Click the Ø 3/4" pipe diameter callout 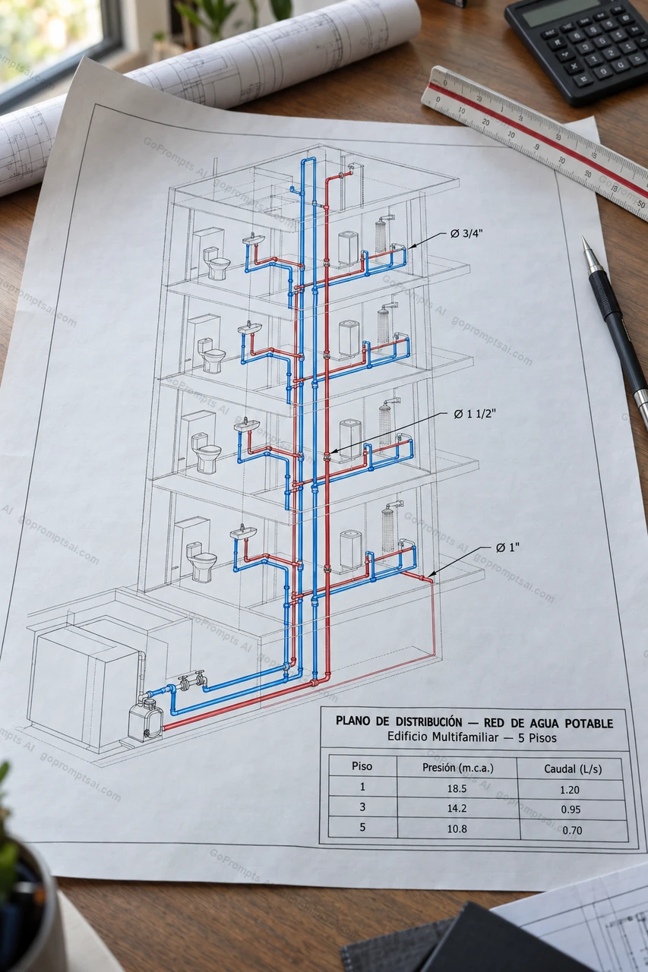click(x=466, y=233)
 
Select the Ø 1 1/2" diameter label click(x=474, y=414)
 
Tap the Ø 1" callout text click(x=507, y=548)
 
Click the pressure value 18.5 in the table click(x=457, y=788)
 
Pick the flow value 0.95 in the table click(x=571, y=809)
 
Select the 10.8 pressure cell click(x=457, y=828)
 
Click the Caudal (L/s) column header click(x=573, y=769)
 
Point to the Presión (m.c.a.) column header click(x=458, y=768)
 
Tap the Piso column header click(x=362, y=766)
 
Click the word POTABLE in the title click(x=589, y=724)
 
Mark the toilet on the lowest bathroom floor click(x=201, y=560)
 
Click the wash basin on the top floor click(x=254, y=239)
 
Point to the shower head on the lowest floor click(x=393, y=505)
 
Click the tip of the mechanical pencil click(x=584, y=238)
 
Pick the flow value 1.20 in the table click(x=570, y=789)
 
